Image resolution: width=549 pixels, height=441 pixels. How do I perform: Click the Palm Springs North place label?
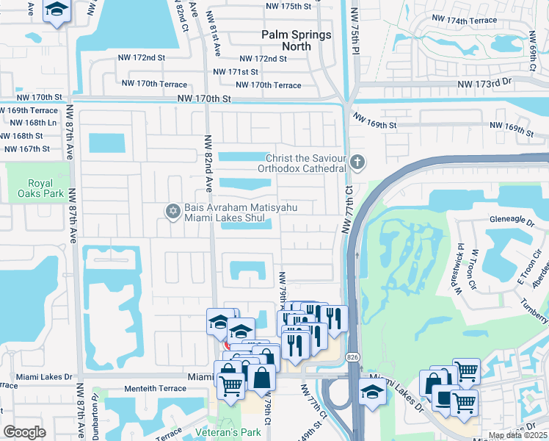[297, 40]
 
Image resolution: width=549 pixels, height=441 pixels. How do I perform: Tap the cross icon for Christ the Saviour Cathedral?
[357, 161]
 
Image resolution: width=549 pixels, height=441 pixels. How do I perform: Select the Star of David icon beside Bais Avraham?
[173, 212]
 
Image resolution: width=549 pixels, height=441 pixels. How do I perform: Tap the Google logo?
[24, 431]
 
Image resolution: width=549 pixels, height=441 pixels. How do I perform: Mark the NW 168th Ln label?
[26, 123]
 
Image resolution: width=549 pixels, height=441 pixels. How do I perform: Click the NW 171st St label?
[235, 72]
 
